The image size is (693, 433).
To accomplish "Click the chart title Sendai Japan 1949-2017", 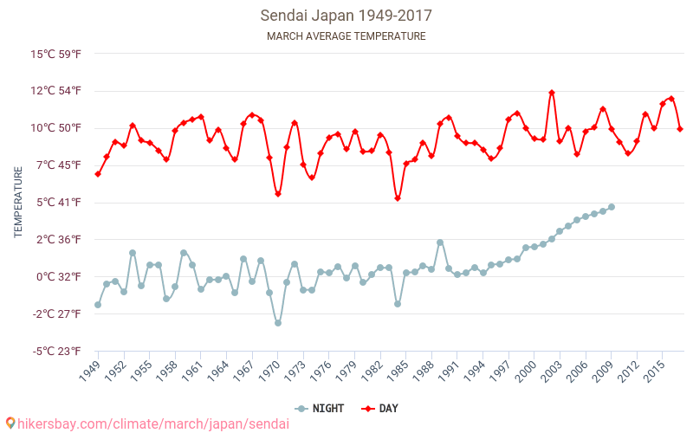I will (x=346, y=16).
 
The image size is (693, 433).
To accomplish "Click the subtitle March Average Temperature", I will (x=346, y=36).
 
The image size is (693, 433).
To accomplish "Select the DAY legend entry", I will (x=381, y=408).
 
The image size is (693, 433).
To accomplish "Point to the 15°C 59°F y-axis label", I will (x=56, y=54).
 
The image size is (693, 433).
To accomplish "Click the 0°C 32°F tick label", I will (x=58, y=277).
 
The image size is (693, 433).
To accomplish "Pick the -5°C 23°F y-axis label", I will (x=57, y=352).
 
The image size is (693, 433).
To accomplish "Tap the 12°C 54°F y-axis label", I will (x=56, y=91).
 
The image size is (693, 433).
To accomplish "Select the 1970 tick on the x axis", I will (x=272, y=372).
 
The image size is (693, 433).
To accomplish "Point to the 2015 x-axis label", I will (x=657, y=372).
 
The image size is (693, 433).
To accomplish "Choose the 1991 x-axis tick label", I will (x=452, y=372).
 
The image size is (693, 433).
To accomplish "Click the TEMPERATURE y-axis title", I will (x=18, y=203).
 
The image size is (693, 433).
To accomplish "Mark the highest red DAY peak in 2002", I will (x=552, y=93).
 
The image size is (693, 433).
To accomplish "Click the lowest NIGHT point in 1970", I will (x=278, y=323).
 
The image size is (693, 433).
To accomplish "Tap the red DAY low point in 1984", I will (x=398, y=198).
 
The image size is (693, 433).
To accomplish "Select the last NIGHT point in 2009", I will (x=612, y=207).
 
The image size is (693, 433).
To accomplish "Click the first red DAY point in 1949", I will (x=98, y=174).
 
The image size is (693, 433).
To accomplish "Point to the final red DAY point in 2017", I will (x=680, y=129).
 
